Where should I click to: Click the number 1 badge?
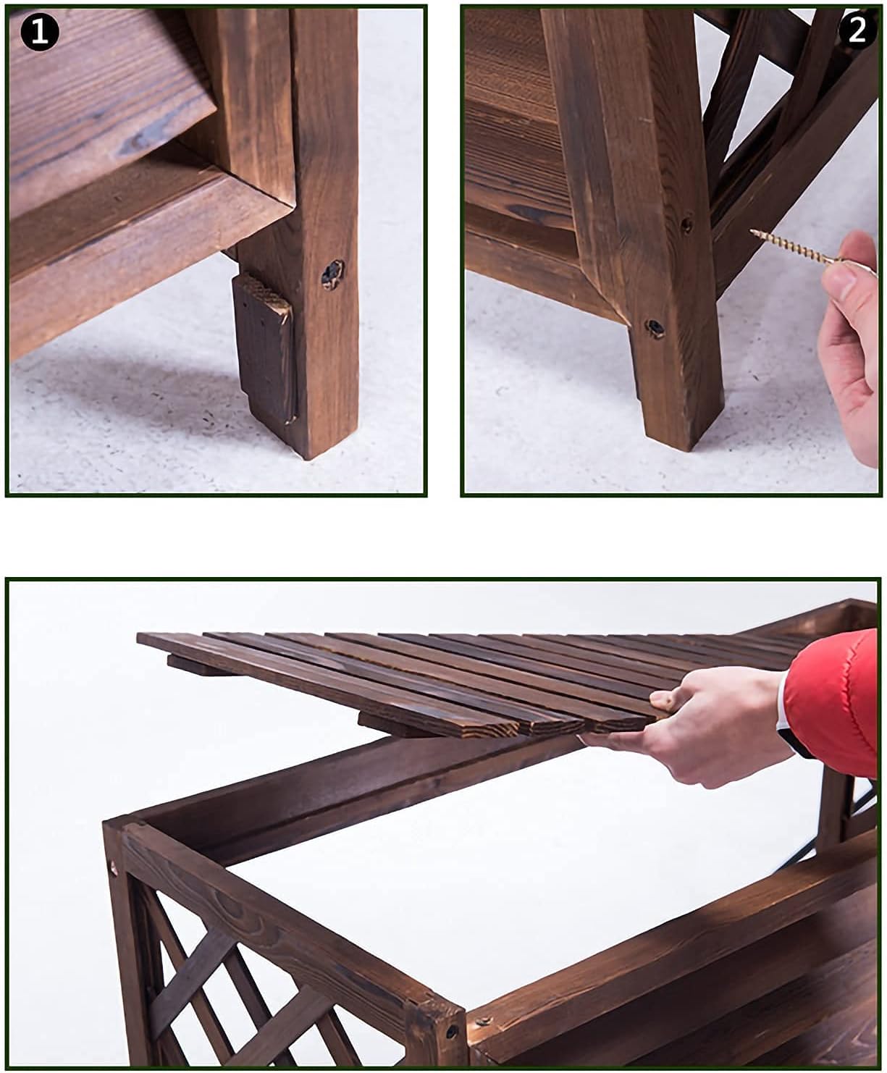[x=39, y=33]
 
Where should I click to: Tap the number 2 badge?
[x=857, y=30]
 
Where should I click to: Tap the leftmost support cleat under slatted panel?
[x=196, y=665]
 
